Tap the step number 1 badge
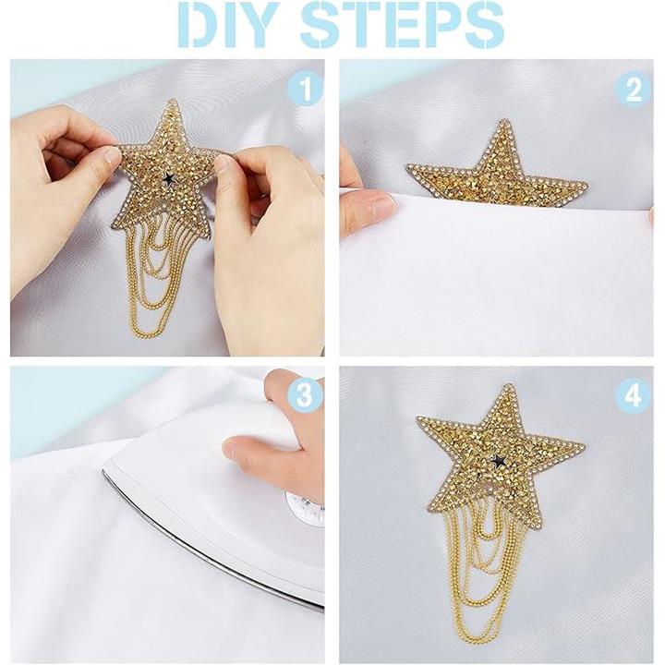pos(305,88)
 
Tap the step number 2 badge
pos(634,88)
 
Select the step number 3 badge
pos(305,395)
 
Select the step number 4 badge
pos(634,395)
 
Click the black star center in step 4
pos(499,459)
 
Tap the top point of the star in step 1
pos(173,101)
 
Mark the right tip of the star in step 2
pos(586,183)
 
